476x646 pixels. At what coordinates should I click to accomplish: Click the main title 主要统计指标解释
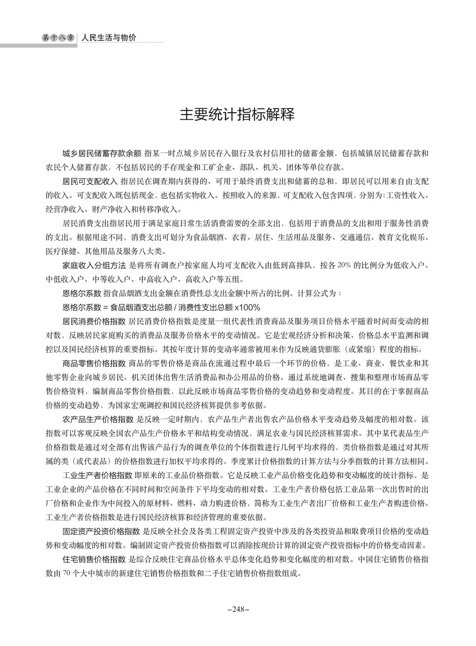pos(237,115)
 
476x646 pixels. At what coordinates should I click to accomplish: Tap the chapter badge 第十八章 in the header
pos(58,38)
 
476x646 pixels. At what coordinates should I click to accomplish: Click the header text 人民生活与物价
pos(109,38)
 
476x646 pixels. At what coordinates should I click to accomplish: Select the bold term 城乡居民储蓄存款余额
pos(102,153)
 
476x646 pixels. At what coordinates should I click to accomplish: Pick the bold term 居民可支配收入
pos(90,181)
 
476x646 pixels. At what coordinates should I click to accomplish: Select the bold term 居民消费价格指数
pos(94,321)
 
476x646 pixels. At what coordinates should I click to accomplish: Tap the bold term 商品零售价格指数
pos(94,363)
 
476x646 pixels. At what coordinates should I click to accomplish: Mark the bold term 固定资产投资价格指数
pos(102,531)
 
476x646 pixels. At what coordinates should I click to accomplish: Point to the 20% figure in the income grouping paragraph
pos(344,265)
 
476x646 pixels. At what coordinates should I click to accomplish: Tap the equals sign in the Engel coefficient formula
pos(105,307)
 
